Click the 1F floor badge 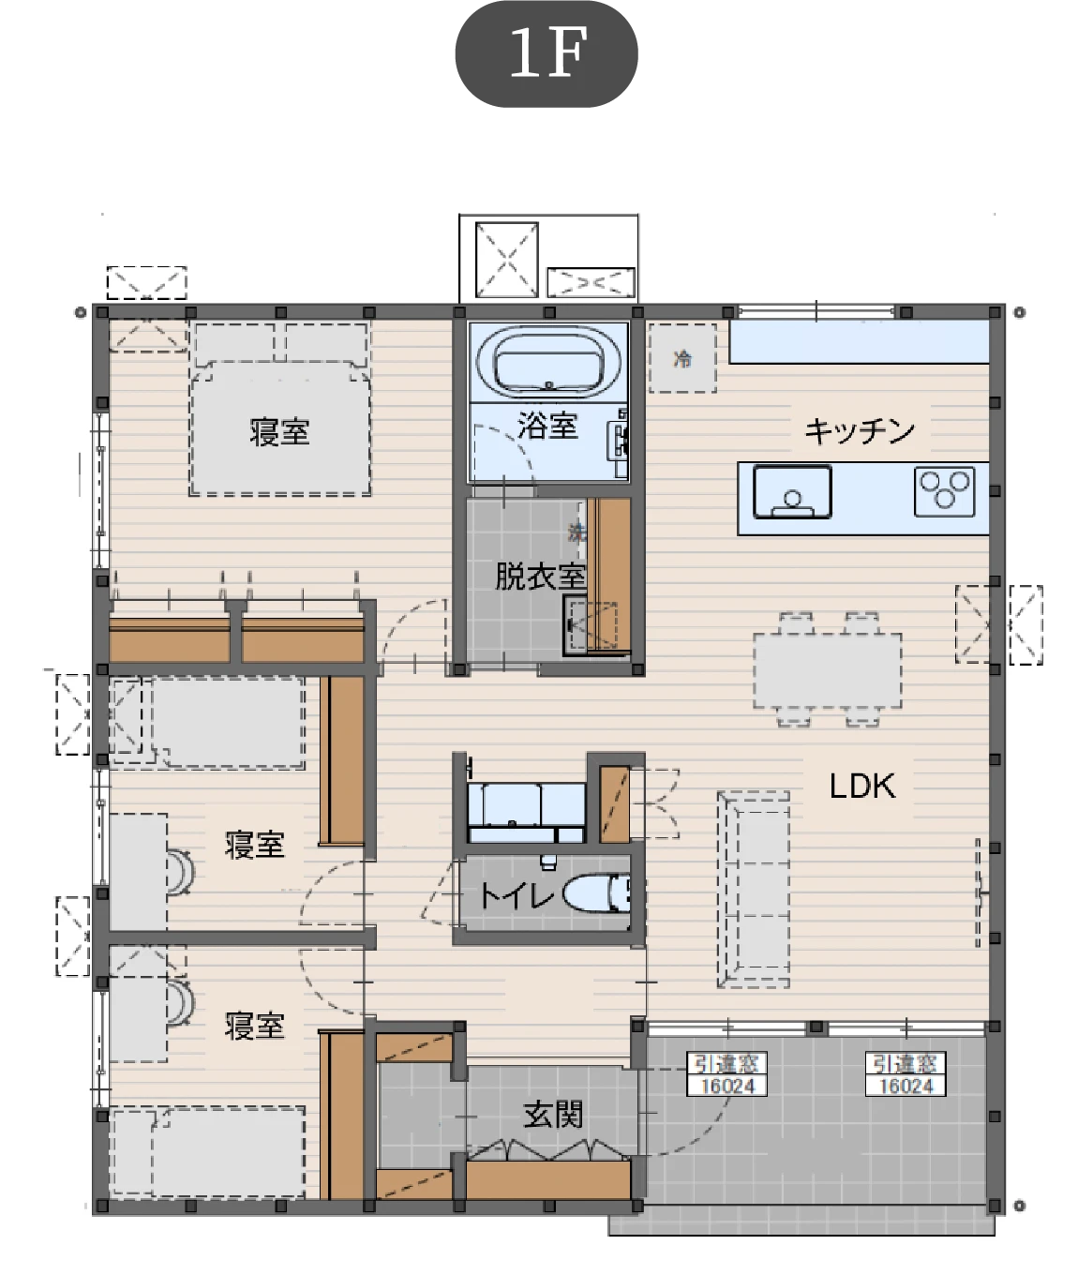click(x=546, y=54)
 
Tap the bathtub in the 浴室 click(x=549, y=362)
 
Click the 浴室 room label click(x=547, y=426)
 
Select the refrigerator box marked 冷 click(x=682, y=358)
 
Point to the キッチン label click(x=859, y=430)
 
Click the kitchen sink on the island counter click(x=792, y=491)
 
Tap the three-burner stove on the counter click(x=944, y=491)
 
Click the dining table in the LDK click(x=827, y=670)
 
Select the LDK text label click(x=862, y=787)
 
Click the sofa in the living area click(x=753, y=890)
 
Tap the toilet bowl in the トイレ click(x=597, y=895)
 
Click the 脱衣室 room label click(x=540, y=577)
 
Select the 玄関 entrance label click(x=552, y=1115)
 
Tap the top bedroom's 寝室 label click(x=279, y=431)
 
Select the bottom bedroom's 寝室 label click(x=254, y=1026)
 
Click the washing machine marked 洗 click(x=576, y=532)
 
